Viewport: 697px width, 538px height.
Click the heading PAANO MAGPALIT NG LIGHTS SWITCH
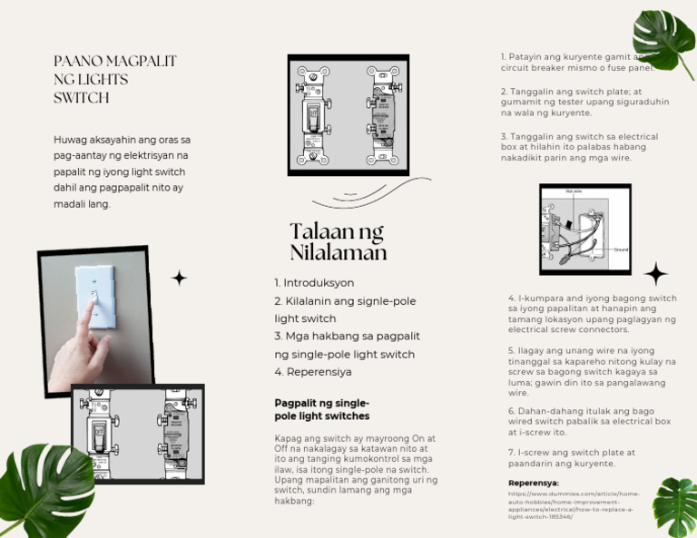coord(115,79)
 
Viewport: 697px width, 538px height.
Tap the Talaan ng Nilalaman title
coord(338,241)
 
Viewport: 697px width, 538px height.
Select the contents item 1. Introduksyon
coord(314,283)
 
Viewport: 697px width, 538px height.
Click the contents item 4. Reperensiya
coord(313,372)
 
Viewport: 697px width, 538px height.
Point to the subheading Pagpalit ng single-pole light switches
coord(322,409)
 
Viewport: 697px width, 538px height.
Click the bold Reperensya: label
coord(534,484)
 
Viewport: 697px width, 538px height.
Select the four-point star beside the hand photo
coord(180,279)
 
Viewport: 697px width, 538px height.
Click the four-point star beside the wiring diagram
coord(655,273)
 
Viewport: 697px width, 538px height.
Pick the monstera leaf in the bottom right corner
coord(675,506)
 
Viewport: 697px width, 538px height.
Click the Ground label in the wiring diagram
coord(621,249)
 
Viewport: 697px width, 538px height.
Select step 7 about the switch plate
coord(572,458)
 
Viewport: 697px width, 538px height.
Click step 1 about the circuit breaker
coord(577,62)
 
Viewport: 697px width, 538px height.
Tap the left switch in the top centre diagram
coord(314,115)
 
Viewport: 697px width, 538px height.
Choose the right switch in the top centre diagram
coord(380,115)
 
